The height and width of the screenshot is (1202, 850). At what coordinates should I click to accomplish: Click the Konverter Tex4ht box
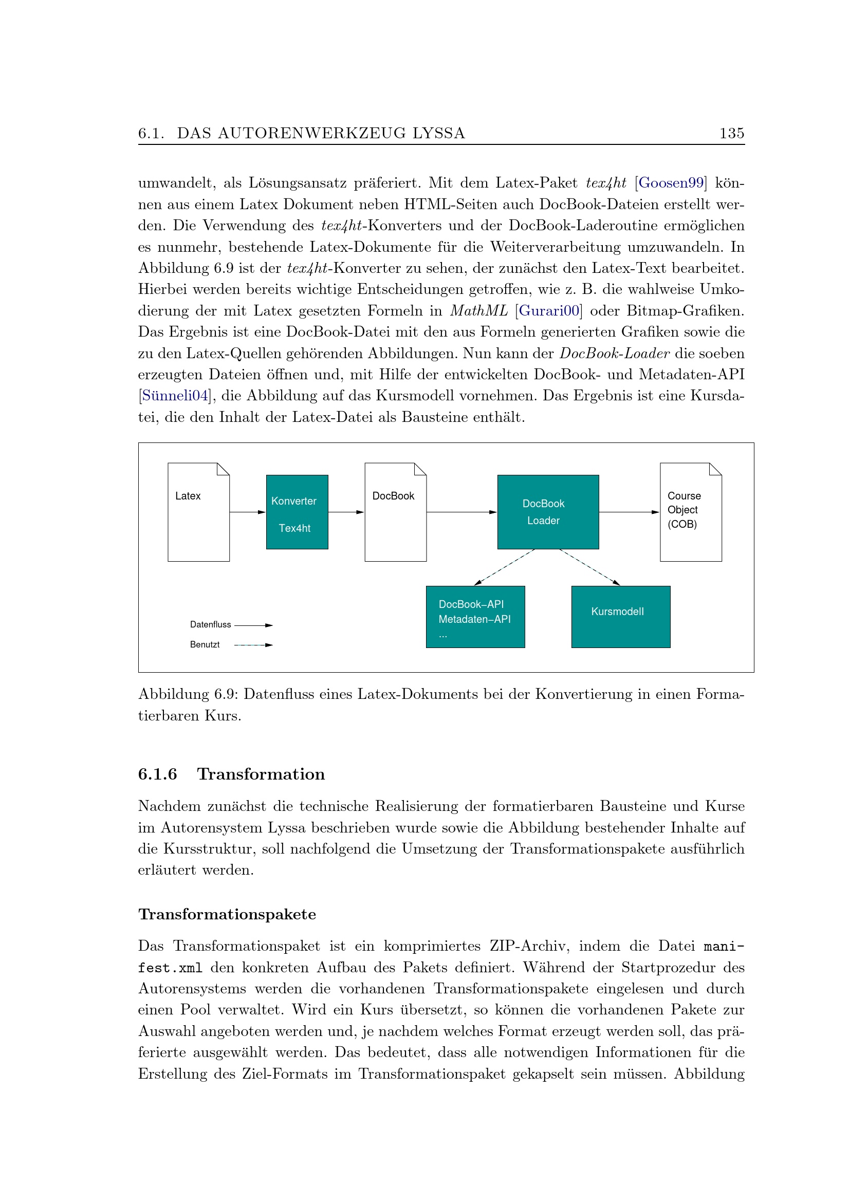[x=297, y=511]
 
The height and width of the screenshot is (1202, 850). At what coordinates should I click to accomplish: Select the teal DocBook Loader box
[x=547, y=511]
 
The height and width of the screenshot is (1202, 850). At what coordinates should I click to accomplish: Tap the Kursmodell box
[x=620, y=616]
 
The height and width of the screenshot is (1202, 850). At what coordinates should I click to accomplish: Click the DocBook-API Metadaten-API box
[x=475, y=616]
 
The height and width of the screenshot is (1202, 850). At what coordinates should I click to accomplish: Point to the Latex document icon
[x=198, y=511]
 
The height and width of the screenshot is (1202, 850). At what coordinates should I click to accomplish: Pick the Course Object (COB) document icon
[x=690, y=511]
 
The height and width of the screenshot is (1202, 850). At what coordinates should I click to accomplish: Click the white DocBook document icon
[x=395, y=511]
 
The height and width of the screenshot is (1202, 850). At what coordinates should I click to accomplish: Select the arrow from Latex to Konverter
[x=248, y=512]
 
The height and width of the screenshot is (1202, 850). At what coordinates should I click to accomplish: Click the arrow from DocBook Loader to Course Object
[x=629, y=512]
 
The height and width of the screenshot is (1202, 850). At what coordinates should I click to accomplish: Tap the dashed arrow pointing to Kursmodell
[x=590, y=567]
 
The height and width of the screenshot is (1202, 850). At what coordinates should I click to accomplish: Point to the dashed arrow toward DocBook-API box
[x=504, y=567]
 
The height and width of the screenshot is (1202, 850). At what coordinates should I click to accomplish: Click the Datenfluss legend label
[x=210, y=624]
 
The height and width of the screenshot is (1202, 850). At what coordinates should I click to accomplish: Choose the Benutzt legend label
[x=205, y=644]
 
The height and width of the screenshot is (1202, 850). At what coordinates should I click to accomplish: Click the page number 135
[x=731, y=133]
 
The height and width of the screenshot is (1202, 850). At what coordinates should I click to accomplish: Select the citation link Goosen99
[x=671, y=183]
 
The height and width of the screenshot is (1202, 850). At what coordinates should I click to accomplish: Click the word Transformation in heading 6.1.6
[x=261, y=774]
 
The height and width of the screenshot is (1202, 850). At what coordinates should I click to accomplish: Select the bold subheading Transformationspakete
[x=227, y=914]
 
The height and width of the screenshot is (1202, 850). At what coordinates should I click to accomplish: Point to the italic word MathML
[x=478, y=311]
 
